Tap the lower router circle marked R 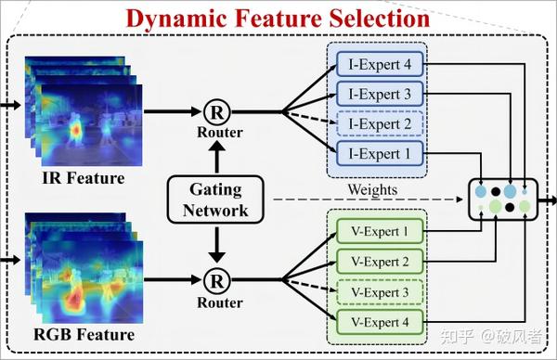216,279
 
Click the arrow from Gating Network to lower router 216,244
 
